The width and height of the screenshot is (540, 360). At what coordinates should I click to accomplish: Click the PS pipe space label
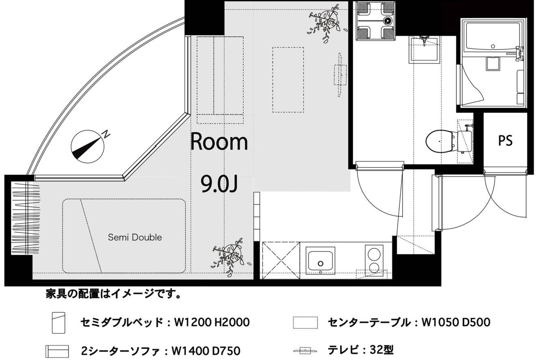click(x=505, y=141)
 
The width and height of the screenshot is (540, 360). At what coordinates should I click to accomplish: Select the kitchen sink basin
click(x=320, y=261)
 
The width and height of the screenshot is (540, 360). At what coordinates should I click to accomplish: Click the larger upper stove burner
click(x=374, y=254)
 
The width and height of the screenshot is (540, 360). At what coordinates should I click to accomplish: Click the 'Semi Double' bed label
click(x=135, y=237)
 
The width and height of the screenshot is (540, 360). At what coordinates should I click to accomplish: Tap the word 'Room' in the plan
click(x=219, y=141)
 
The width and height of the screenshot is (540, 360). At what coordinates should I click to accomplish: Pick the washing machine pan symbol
click(x=376, y=21)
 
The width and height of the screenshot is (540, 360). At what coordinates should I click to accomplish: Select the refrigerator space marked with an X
click(x=281, y=261)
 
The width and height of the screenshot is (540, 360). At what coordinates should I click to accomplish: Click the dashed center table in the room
click(x=288, y=80)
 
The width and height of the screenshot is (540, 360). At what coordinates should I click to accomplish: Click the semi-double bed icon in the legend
click(x=58, y=323)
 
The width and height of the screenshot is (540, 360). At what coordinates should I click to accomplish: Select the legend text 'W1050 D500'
click(x=456, y=322)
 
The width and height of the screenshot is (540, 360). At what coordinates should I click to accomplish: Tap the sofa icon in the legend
click(x=57, y=351)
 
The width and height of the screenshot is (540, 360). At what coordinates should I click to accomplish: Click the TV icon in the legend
click(x=305, y=351)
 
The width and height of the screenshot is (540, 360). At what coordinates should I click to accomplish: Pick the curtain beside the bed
click(x=26, y=218)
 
